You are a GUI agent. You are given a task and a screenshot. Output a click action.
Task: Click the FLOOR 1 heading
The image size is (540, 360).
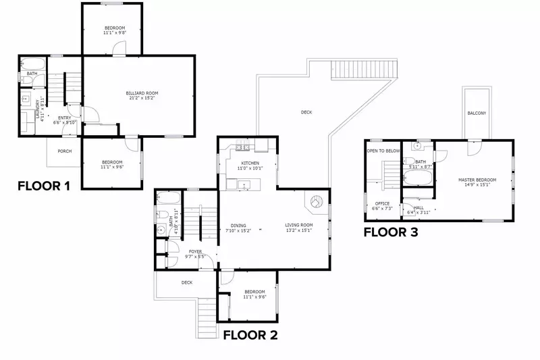(44, 186)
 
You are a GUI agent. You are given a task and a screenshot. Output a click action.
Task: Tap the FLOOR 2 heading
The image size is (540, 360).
(250, 334)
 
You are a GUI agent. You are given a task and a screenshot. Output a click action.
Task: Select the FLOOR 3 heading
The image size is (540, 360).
(391, 232)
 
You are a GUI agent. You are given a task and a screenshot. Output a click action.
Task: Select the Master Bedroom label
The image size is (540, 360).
(477, 180)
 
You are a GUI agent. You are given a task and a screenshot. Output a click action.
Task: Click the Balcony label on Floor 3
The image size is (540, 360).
(477, 113)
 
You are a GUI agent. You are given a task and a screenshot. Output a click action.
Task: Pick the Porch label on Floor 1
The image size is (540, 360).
(65, 151)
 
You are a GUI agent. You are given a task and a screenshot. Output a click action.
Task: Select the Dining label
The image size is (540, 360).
(237, 225)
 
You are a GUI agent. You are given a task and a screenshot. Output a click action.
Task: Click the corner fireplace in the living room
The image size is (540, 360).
(316, 201)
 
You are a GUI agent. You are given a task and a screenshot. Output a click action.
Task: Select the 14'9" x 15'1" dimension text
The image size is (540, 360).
(477, 184)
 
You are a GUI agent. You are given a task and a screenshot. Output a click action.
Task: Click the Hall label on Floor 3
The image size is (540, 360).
(418, 208)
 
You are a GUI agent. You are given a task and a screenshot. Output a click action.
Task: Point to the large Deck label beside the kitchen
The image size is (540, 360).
(306, 113)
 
